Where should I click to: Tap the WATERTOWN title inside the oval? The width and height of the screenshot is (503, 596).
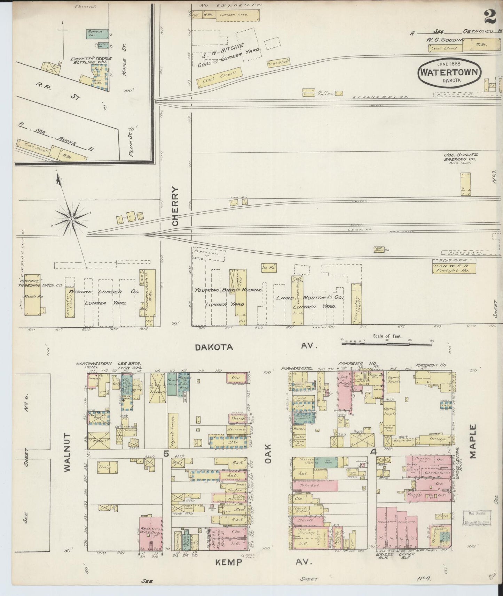click(450, 72)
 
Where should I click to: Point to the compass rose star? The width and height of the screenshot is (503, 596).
click(71, 219)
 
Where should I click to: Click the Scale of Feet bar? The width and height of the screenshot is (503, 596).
click(386, 343)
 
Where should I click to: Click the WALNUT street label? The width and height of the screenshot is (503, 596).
click(68, 452)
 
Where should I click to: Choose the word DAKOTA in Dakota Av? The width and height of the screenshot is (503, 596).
click(213, 347)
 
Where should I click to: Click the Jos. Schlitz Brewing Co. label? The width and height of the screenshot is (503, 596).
click(460, 157)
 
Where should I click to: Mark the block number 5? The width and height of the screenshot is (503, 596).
click(166, 453)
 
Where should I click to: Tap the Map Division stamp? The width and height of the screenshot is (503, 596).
click(477, 518)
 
